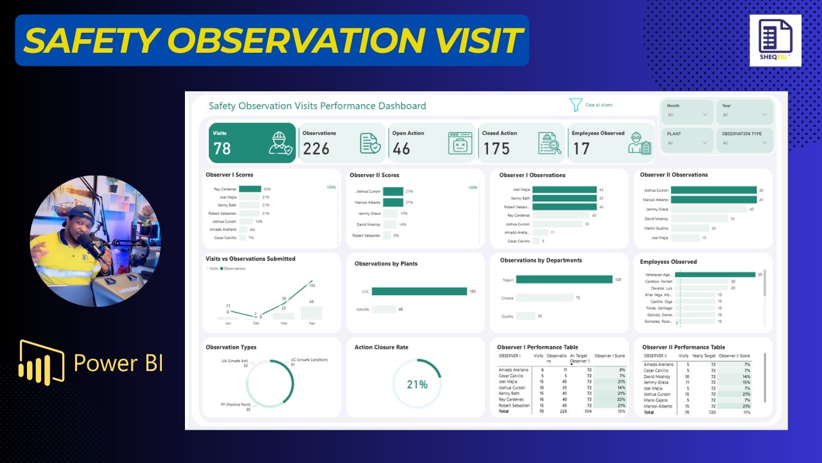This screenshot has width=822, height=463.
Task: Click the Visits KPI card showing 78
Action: [252, 143]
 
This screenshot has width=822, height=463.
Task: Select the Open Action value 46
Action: [401, 149]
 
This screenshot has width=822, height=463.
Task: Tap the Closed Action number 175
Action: [496, 149]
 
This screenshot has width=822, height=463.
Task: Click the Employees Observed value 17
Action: [581, 149]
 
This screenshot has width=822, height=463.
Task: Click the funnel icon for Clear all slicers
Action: [575, 105]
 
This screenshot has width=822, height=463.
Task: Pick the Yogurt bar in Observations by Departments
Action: [564, 280]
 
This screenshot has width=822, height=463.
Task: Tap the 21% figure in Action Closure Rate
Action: [417, 385]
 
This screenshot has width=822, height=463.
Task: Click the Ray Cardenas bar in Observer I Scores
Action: [250, 189]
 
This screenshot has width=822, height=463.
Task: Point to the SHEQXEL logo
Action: [775, 40]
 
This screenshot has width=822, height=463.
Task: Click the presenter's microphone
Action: [90, 245]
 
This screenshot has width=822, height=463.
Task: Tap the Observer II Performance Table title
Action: [683, 347]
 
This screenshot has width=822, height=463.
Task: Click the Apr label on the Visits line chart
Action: [312, 323]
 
